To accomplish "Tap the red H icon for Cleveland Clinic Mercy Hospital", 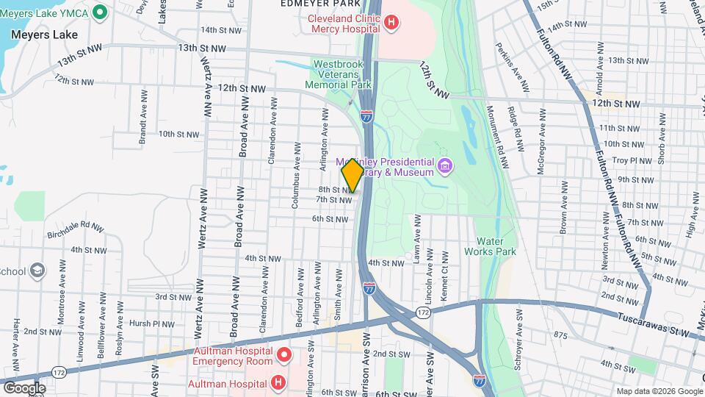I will pyautogui.click(x=391, y=22).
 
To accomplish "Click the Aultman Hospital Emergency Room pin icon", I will pyautogui.click(x=285, y=357).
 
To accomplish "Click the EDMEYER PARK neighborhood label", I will pyautogui.click(x=314, y=4).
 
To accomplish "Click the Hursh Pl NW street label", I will pyautogui.click(x=152, y=323).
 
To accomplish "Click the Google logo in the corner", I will pyautogui.click(x=23, y=387).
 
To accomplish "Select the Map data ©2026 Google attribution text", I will pyautogui.click(x=658, y=391).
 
